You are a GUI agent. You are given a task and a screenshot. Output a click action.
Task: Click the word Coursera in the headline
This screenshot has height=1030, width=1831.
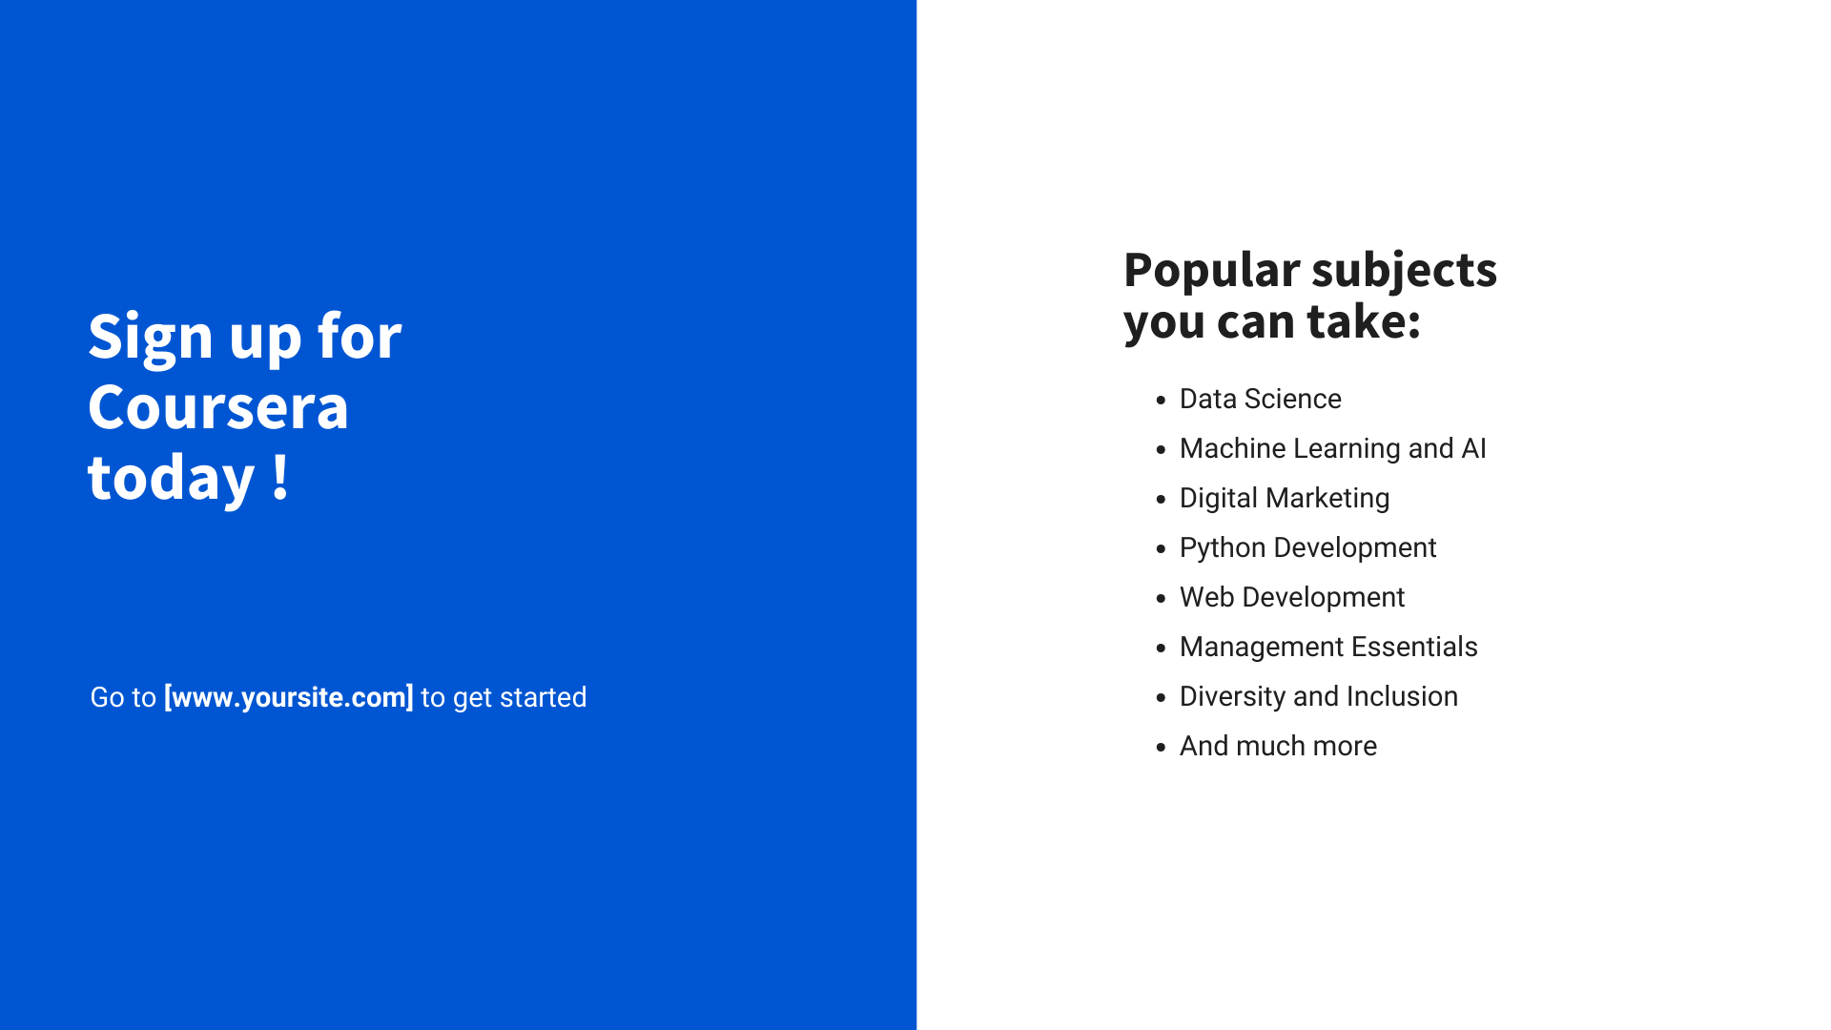218,407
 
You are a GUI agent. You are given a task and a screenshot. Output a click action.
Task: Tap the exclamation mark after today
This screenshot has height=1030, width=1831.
280,477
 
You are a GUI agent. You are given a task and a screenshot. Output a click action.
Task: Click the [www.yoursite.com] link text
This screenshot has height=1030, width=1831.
289,697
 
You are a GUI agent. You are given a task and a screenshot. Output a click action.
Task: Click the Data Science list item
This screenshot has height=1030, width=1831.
1261,399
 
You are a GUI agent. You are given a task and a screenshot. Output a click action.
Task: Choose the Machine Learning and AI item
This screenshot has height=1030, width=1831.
1333,448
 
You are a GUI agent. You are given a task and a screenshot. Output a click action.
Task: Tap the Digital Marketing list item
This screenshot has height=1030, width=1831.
1285,498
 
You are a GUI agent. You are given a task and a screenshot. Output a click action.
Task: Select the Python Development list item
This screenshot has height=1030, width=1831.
1307,547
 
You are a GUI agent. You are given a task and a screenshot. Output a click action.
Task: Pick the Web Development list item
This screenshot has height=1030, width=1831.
1292,597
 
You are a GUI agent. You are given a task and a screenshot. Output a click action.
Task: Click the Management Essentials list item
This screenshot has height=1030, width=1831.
1328,647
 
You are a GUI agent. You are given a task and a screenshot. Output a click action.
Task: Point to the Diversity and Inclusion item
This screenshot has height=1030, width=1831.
1319,696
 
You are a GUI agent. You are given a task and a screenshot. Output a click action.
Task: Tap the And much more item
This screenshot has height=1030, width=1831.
1278,746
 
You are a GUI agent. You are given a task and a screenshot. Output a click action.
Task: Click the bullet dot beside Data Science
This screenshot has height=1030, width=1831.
1161,401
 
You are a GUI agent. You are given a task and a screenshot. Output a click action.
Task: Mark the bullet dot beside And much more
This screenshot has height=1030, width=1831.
1161,748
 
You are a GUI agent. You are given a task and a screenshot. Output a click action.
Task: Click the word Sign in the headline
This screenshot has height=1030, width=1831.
151,338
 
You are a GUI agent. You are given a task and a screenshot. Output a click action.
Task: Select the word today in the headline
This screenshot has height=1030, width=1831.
172,477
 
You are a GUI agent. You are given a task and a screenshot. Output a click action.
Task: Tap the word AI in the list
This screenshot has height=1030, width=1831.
1473,448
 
